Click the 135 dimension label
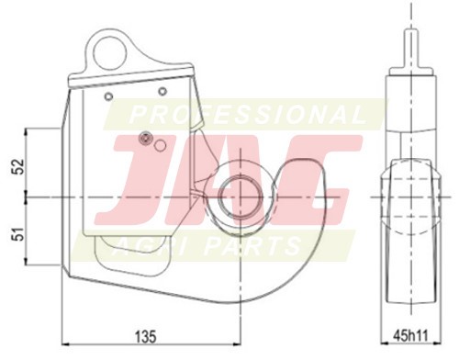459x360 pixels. [x=146, y=336]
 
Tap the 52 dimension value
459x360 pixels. [x=19, y=166]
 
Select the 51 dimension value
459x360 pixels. [x=19, y=233]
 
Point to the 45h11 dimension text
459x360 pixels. [x=410, y=335]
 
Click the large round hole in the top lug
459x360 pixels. [x=110, y=54]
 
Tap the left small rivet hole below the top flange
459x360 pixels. [x=108, y=96]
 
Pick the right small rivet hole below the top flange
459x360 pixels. [x=162, y=91]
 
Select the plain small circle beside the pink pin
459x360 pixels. [x=160, y=145]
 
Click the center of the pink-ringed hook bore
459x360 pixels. [x=241, y=197]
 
